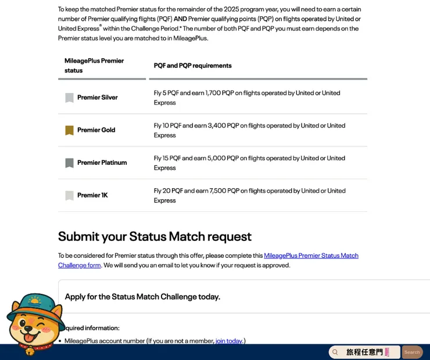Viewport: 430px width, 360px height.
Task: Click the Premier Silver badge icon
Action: click(x=69, y=98)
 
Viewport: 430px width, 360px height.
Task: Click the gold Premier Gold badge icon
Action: click(x=69, y=130)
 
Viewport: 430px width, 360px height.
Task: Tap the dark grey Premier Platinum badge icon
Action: click(x=69, y=163)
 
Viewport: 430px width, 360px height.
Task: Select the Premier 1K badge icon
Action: click(x=69, y=196)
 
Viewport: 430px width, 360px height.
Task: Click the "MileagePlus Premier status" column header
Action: click(x=94, y=66)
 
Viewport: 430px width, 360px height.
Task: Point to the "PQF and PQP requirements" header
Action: click(x=192, y=66)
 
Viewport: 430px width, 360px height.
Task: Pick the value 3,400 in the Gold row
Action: click(x=217, y=125)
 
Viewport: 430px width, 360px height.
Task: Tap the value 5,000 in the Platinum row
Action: click(x=217, y=158)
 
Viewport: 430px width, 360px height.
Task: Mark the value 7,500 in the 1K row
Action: click(x=217, y=190)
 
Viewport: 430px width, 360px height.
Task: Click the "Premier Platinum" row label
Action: click(x=102, y=163)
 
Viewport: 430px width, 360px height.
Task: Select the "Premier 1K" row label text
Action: click(x=92, y=195)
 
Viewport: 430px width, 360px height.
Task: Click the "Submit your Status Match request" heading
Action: click(x=155, y=236)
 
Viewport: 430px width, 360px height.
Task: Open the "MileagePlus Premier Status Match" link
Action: click(x=311, y=255)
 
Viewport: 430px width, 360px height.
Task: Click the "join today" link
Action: click(x=229, y=341)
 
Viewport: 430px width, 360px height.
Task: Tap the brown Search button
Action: click(x=412, y=352)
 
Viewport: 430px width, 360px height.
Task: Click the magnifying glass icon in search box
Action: click(x=335, y=352)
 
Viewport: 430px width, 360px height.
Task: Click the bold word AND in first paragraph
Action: click(x=180, y=19)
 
